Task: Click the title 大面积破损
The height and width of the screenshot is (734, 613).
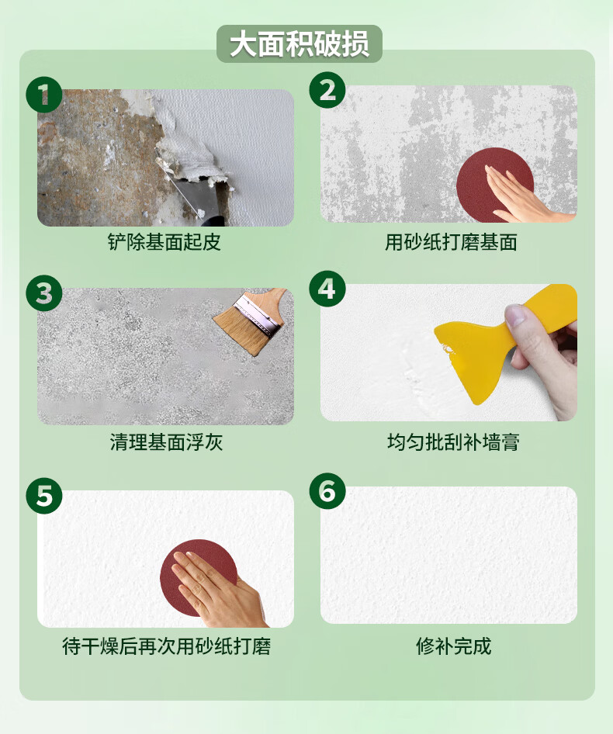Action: coord(300,44)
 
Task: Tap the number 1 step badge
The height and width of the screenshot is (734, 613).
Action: coord(44,95)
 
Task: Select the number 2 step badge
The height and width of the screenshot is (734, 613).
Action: coord(327,90)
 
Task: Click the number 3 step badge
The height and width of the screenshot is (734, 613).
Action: coord(44,293)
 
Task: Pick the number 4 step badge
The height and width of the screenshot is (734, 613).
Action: coord(327,289)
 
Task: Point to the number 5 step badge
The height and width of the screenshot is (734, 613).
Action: coord(44,496)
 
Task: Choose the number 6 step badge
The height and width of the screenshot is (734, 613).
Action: coord(327,491)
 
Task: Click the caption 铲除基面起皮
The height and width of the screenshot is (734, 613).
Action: coord(164,242)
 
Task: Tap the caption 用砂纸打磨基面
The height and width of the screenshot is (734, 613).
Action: coord(451,242)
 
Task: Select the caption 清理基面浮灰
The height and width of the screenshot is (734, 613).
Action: coord(166,442)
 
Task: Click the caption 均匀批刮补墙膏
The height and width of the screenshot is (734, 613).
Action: coord(453,442)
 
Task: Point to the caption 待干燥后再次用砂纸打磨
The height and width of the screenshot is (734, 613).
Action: coord(166,646)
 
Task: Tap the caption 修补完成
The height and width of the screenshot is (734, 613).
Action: coord(453,646)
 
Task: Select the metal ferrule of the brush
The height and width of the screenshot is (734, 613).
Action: coord(259,314)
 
